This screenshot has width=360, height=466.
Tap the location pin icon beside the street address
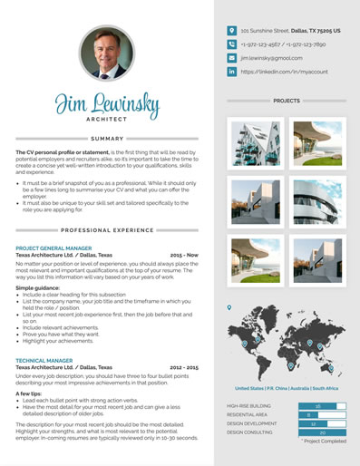click(232, 30)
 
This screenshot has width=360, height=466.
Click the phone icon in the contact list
click(232, 44)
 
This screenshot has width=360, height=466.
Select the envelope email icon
click(232, 57)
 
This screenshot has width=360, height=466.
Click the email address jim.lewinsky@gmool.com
click(273, 57)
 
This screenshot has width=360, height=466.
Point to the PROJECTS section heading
click(287, 101)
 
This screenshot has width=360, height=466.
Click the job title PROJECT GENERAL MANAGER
click(54, 248)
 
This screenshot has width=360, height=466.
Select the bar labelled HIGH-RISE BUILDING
click(317, 406)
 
